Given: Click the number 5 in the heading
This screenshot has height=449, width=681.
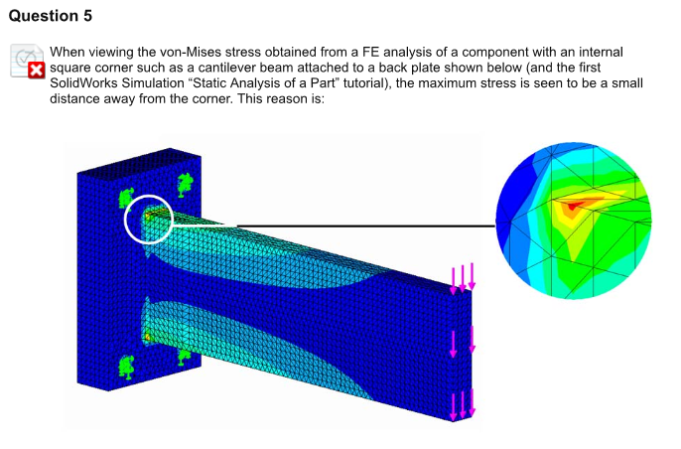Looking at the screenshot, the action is (x=87, y=16).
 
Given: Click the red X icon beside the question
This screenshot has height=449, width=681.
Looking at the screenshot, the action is (x=37, y=71).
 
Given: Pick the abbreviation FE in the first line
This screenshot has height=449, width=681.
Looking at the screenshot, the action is (x=370, y=53).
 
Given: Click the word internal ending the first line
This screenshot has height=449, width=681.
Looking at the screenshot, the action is (x=601, y=53).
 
